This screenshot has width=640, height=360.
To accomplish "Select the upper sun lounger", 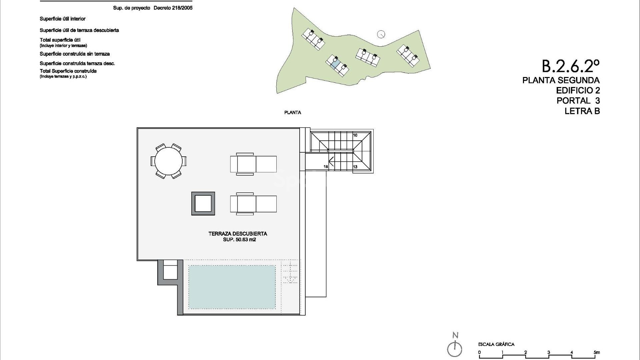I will click(253, 164).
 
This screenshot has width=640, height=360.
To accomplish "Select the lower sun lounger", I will click(253, 204).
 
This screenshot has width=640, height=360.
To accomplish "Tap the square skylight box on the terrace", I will click(203, 203).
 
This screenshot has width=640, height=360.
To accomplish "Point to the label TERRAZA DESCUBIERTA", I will click(238, 234).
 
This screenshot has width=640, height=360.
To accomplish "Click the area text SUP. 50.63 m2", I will click(239, 240).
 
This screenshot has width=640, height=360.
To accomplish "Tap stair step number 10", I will click(355, 135).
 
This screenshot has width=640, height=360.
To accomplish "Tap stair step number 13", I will click(355, 167).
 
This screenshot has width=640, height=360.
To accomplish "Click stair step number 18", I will click(326, 167).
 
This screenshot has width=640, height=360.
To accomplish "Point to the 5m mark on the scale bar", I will click(597, 353).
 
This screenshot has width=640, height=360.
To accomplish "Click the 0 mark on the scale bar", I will click(479, 353).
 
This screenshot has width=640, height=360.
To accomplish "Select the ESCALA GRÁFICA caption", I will click(496, 344).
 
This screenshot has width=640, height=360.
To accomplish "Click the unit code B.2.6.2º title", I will click(571, 66).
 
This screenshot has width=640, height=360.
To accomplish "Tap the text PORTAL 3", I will click(578, 100).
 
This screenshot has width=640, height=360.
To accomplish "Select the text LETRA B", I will click(582, 111).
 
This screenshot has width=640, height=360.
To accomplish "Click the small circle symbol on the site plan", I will click(381, 34).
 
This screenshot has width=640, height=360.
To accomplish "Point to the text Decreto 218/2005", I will click(173, 8).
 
